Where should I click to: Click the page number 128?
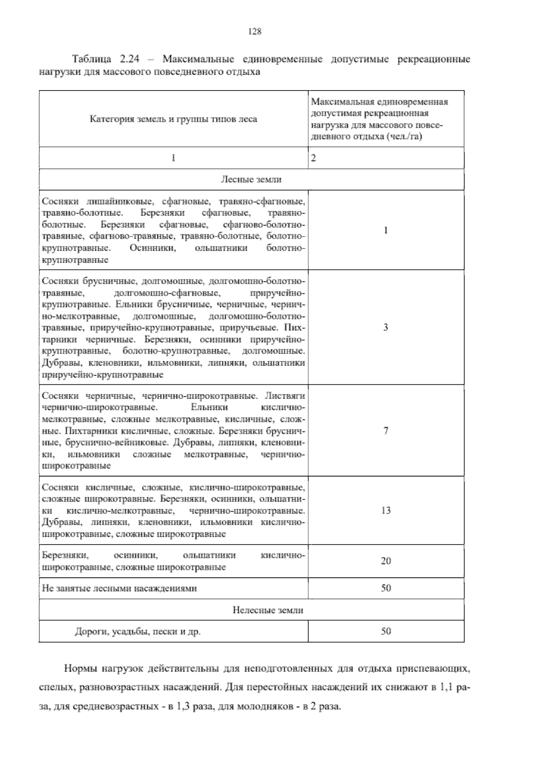click(254, 32)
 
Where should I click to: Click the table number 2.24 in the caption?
click(130, 59)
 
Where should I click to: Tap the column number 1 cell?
click(173, 158)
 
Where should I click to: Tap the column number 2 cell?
click(313, 158)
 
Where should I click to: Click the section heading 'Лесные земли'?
click(251, 179)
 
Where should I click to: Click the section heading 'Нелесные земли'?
click(268, 610)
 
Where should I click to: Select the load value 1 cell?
click(386, 230)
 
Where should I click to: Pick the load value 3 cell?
click(386, 327)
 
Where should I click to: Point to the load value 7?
click(386, 431)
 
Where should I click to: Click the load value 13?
click(386, 510)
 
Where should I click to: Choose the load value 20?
click(386, 561)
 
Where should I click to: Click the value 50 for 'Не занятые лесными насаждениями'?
click(386, 588)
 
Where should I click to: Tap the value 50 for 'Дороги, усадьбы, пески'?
click(386, 631)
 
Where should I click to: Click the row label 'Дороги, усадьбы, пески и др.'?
click(138, 632)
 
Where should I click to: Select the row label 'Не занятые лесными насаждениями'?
click(119, 588)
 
